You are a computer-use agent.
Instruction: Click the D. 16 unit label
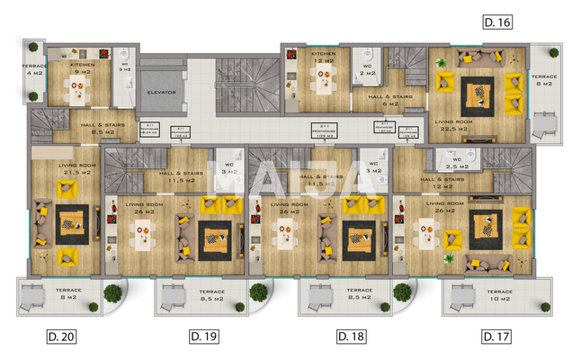click(x=497, y=22)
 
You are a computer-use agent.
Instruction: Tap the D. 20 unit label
click(x=61, y=337)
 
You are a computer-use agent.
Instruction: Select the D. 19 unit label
click(x=205, y=337)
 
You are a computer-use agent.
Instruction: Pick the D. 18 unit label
click(x=350, y=337)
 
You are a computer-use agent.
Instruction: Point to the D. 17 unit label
click(x=496, y=337)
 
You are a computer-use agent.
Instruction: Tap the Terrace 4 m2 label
click(x=34, y=70)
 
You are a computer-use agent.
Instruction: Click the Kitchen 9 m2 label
click(x=83, y=68)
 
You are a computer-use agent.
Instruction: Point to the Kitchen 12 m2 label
click(x=324, y=58)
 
